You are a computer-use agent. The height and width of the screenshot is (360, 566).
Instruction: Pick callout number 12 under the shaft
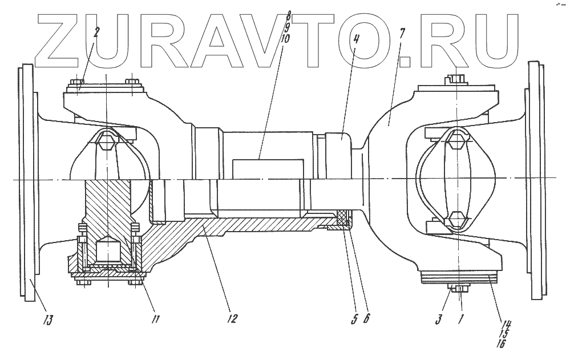point(231,318)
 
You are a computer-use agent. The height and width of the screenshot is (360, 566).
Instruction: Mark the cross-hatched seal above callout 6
point(343,217)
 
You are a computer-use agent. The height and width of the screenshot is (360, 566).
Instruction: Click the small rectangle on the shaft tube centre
point(268,169)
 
